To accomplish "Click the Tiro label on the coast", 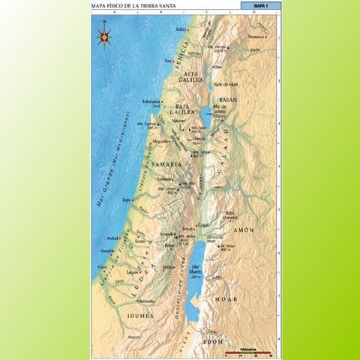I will (x=168, y=61).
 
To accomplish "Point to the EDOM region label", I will (x=212, y=341).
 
